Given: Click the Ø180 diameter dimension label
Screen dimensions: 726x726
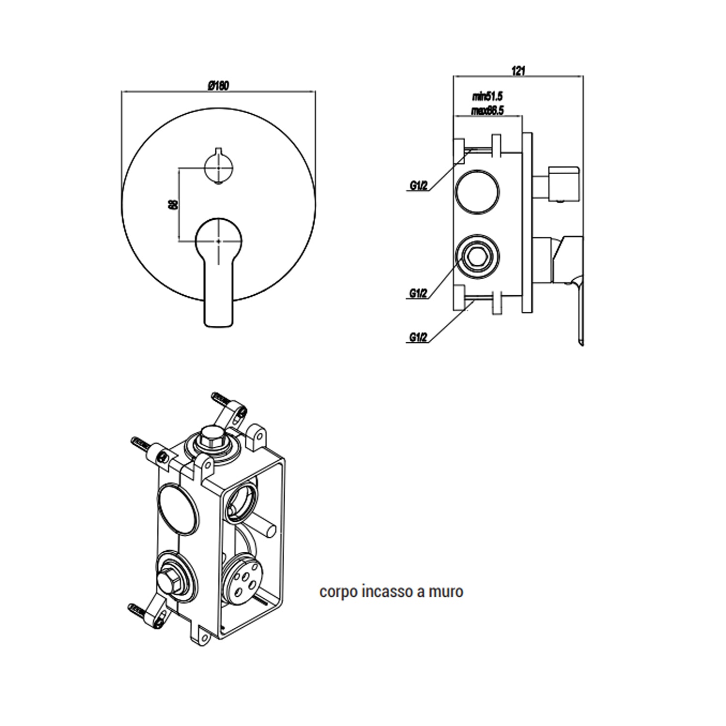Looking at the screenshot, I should [218, 85].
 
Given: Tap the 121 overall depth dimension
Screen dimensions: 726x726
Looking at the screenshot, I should [518, 71].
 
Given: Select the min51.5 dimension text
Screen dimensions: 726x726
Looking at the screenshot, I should [487, 98].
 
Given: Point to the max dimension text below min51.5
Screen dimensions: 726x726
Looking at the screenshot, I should [487, 111].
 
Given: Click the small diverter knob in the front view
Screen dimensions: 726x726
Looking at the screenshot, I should [219, 166].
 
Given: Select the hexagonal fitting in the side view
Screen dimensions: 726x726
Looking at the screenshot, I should [478, 256].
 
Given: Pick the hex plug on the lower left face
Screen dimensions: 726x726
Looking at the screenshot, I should [167, 578].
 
